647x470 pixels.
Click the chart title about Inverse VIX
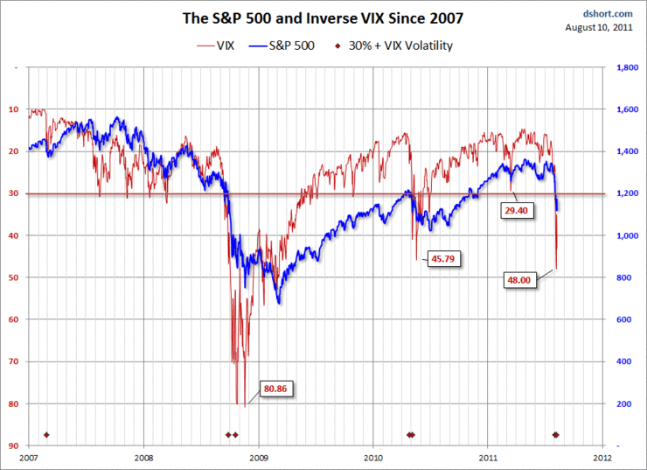tap(323, 18)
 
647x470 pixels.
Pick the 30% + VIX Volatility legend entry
tap(406, 45)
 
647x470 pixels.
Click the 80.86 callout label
tap(280, 388)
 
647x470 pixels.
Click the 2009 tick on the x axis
tap(259, 457)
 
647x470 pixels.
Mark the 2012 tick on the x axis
tap(602, 457)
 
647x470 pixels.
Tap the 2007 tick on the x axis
tap(29, 457)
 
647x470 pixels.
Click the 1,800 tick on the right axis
tap(629, 67)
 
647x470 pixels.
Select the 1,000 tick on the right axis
tap(629, 235)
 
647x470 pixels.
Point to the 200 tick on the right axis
tap(625, 403)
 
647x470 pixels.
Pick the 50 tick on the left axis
tap(14, 277)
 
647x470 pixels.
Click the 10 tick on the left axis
tap(14, 109)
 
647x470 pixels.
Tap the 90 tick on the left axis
tap(14, 445)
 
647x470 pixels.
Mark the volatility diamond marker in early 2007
tap(47, 435)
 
